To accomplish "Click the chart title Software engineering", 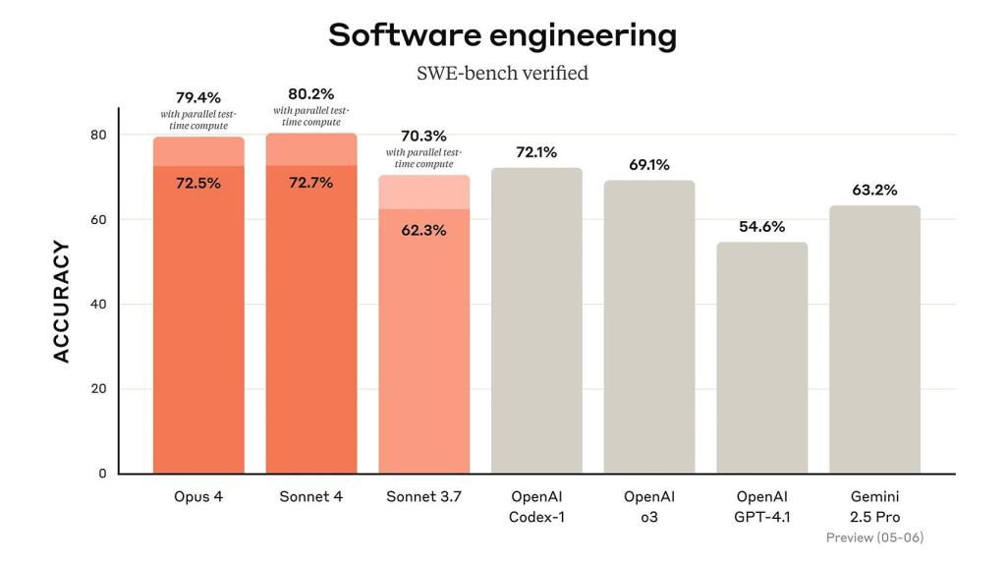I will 502,35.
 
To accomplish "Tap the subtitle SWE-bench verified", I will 502,74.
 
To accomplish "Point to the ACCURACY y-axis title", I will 62,302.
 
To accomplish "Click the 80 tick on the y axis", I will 98,135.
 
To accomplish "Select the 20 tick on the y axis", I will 98,389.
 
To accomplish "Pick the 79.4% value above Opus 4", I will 197,97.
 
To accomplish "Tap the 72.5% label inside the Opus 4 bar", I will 197,183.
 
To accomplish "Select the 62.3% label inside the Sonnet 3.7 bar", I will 423,230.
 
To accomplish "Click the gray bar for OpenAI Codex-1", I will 536,324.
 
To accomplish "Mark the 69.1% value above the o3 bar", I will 649,165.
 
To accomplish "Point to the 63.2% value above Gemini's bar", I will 874,190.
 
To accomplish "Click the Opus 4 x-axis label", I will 197,496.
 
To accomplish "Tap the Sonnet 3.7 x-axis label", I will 423,496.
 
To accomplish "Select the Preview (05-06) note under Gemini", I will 874,538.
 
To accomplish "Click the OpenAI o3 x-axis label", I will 649,506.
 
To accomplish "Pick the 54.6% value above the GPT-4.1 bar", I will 761,226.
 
